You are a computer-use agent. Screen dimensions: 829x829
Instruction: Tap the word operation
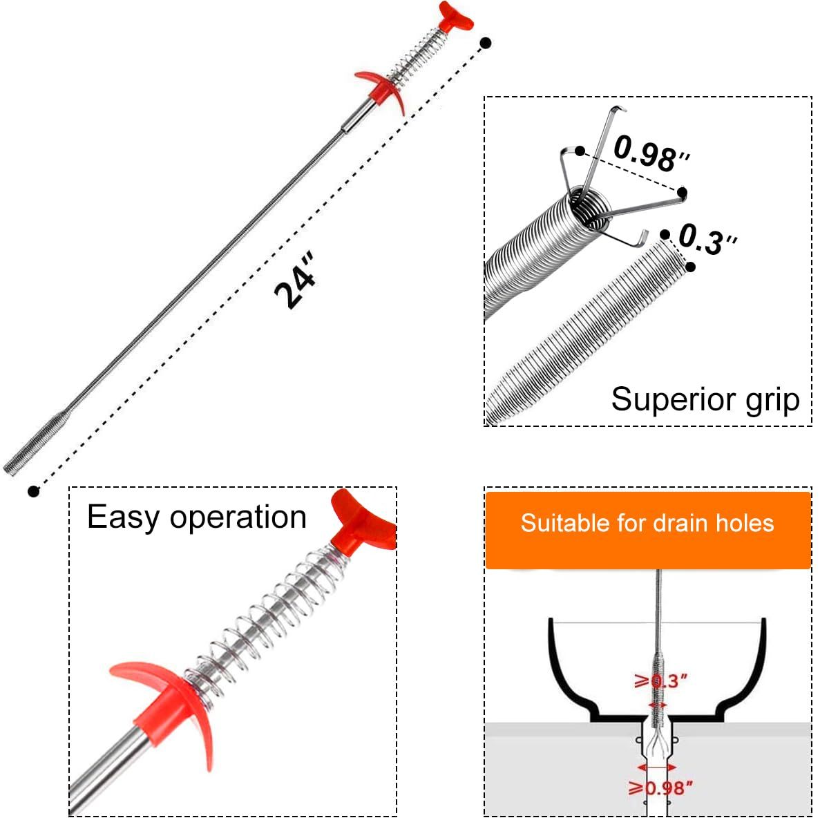pos(238,518)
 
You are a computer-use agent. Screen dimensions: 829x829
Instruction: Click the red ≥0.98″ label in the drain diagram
pos(660,788)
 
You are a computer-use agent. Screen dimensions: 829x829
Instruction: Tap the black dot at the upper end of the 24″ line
pos(486,43)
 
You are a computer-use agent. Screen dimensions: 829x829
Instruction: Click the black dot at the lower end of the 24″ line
pos(33,491)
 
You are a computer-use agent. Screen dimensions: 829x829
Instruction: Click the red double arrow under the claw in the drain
pos(656,767)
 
